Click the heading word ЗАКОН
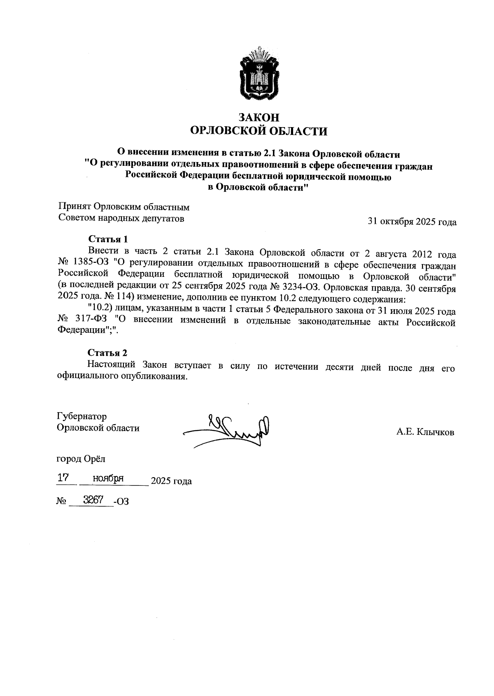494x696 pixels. (x=259, y=118)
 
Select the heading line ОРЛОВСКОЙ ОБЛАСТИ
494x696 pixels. (x=259, y=131)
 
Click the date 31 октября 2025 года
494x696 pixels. (x=412, y=222)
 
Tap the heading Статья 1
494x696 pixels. (x=108, y=239)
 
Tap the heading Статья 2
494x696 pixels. (x=107, y=353)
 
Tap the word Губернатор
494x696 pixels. (x=82, y=416)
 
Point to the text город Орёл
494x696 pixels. (x=81, y=458)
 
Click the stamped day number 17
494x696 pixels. (x=63, y=478)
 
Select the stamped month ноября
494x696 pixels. (x=108, y=478)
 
